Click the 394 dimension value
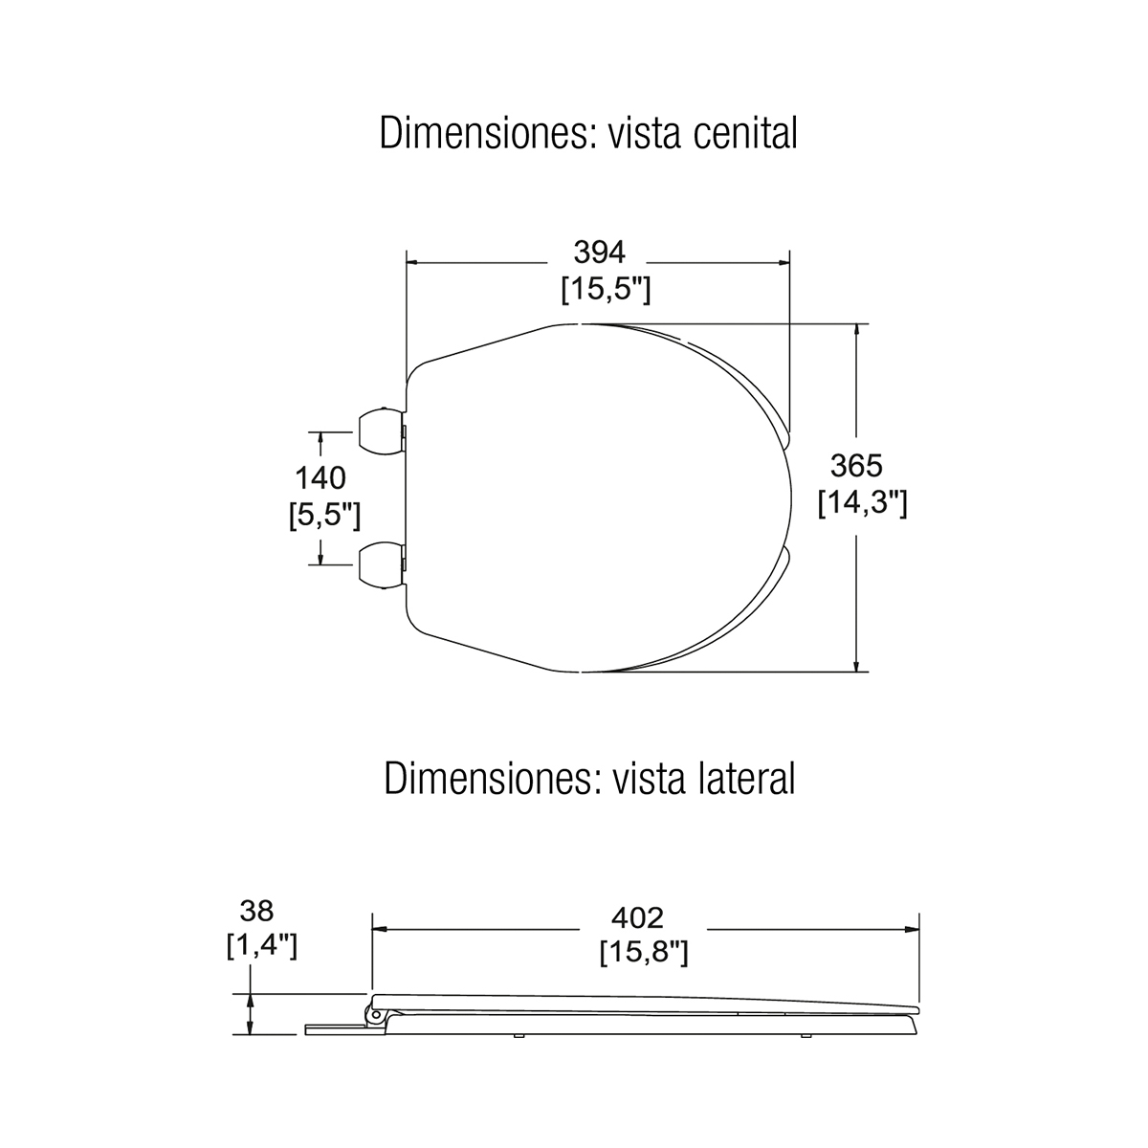[599, 253]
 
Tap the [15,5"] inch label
[606, 290]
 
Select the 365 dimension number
[856, 466]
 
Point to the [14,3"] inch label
[862, 504]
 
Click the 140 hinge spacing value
[320, 478]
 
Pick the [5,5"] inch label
[324, 516]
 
